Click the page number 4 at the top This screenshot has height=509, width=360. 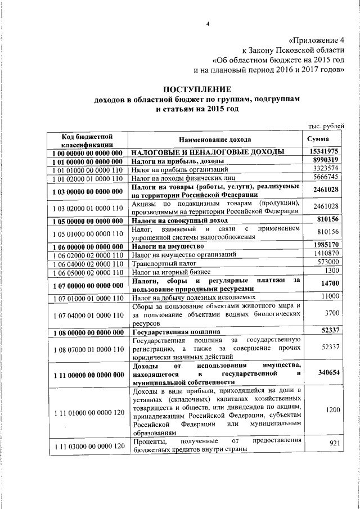(x=208, y=24)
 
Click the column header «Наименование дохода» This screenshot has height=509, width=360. (x=215, y=139)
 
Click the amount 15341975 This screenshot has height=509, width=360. (x=323, y=151)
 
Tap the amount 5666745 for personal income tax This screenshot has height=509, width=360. (x=325, y=177)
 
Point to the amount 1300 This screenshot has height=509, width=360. (x=331, y=272)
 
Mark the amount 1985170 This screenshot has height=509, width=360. (x=325, y=245)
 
